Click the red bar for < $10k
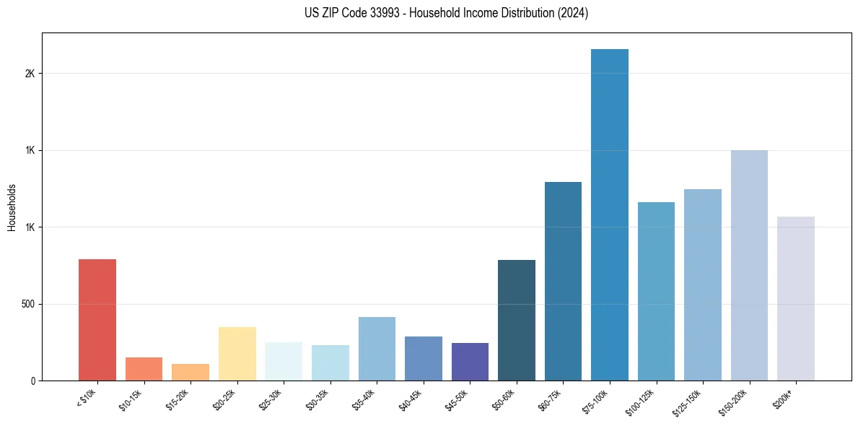[97, 320]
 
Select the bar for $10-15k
[144, 369]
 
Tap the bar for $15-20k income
[191, 372]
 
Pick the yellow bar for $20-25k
[237, 354]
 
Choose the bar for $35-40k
[377, 349]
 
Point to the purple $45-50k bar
[470, 362]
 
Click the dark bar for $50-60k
[517, 320]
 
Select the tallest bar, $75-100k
[610, 214]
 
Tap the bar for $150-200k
[749, 265]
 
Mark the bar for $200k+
[796, 298]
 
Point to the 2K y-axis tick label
[30, 74]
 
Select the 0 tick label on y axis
[33, 381]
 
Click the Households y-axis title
[12, 207]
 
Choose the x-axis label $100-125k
[644, 401]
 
